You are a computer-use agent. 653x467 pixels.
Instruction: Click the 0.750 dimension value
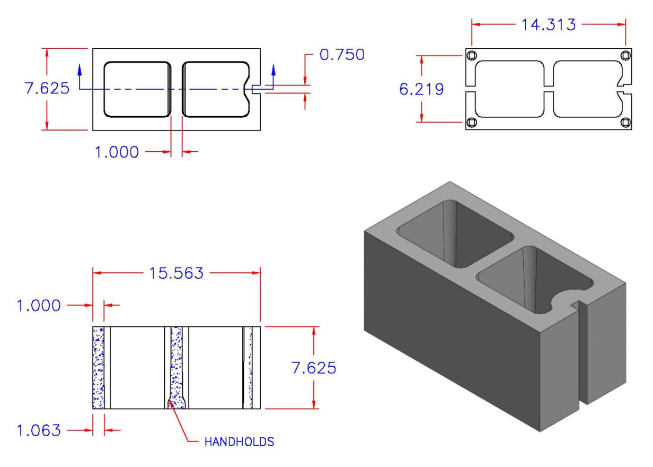342,55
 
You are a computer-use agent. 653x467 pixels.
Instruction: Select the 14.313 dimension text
548,24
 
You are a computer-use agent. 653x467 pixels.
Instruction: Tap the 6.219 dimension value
421,90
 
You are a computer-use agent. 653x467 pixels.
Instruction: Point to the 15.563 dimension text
177,273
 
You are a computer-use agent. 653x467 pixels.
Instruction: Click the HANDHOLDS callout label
239,442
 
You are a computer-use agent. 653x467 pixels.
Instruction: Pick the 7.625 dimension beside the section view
313,368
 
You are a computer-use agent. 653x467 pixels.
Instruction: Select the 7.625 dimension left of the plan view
47,88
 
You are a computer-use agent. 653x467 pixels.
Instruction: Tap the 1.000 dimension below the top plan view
117,153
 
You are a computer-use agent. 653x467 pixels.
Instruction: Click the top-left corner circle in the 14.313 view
472,55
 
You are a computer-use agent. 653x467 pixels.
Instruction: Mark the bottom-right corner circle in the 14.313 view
625,123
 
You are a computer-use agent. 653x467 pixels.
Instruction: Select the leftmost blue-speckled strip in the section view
98,368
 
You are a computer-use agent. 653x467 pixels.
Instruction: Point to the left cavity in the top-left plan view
136,89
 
